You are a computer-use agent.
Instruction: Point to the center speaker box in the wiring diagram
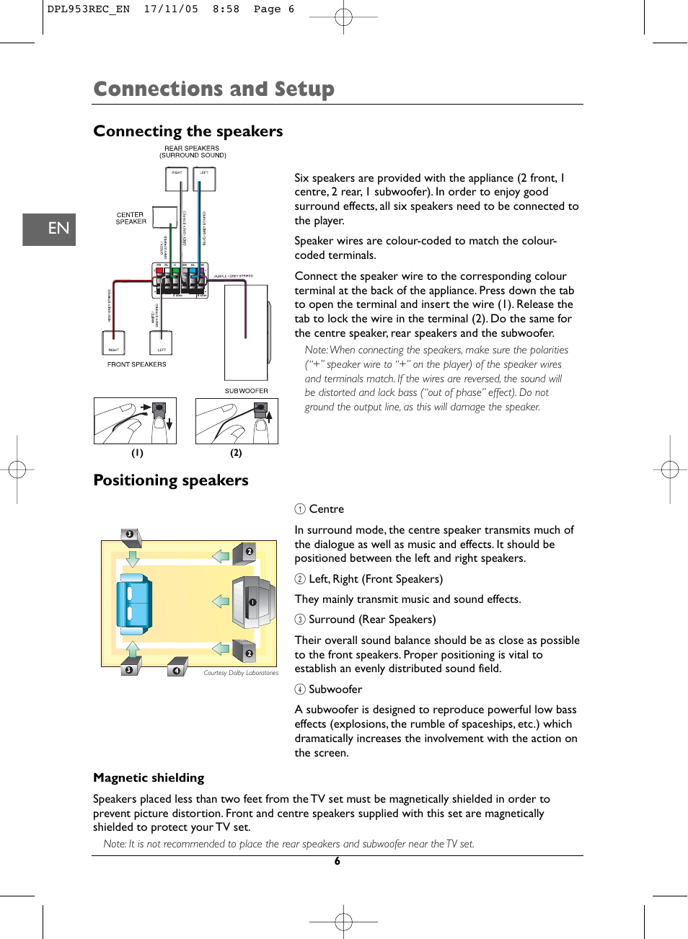[164, 217]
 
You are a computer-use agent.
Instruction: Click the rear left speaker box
[204, 180]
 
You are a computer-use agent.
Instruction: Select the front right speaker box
[114, 343]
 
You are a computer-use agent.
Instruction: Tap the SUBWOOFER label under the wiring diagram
[246, 391]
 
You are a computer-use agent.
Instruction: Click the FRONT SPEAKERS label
[137, 364]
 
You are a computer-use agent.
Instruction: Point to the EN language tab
[49, 229]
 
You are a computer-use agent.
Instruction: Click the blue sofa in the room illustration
[134, 604]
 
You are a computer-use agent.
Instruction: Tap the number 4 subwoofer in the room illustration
[177, 668]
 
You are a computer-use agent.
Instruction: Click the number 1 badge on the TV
[252, 602]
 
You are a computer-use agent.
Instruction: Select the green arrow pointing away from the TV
[221, 601]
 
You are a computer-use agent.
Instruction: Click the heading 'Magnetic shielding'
[149, 777]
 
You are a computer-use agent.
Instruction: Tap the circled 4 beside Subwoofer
[300, 689]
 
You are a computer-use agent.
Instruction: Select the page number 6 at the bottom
[337, 861]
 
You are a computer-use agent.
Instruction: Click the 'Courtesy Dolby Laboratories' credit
[241, 673]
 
